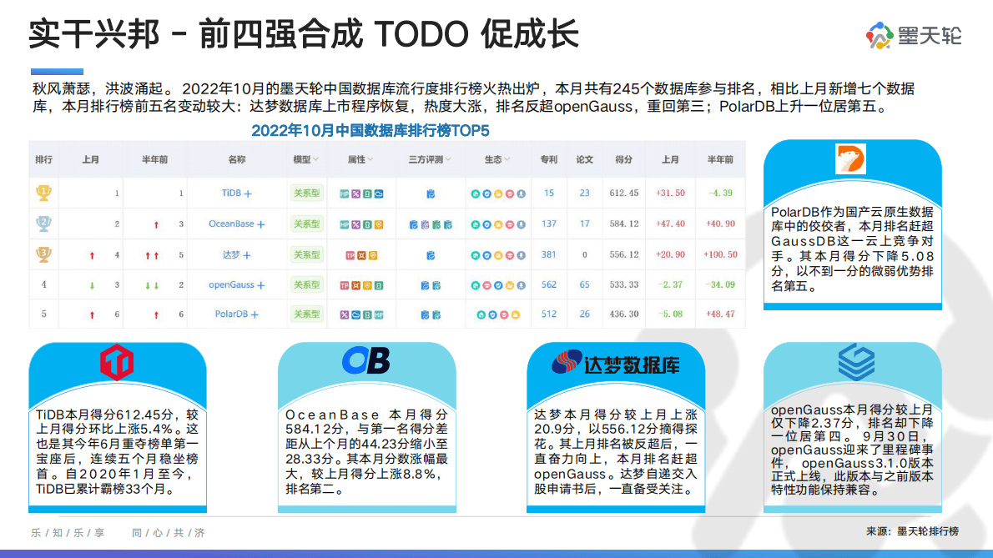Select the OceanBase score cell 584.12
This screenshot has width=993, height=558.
coord(624,224)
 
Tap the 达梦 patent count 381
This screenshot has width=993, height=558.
coord(548,254)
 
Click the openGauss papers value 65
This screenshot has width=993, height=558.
coord(584,284)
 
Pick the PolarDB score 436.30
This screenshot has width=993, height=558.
coord(624,314)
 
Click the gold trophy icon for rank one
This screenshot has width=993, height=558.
coord(43,194)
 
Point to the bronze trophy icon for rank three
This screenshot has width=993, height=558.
coord(43,254)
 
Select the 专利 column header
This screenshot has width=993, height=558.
coord(548,159)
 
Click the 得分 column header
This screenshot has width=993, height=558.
coord(623,159)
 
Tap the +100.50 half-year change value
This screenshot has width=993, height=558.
coord(719,254)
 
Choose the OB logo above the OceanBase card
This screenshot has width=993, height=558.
coord(365,360)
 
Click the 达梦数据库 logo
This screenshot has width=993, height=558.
coord(615,364)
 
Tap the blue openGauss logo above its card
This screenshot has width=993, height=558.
coord(856,361)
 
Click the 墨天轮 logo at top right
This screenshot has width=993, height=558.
coord(914,36)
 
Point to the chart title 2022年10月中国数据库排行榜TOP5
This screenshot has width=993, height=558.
coord(370,131)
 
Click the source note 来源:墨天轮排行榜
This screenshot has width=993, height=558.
coord(912,531)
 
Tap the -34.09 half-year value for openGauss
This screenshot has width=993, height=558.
coord(719,284)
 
